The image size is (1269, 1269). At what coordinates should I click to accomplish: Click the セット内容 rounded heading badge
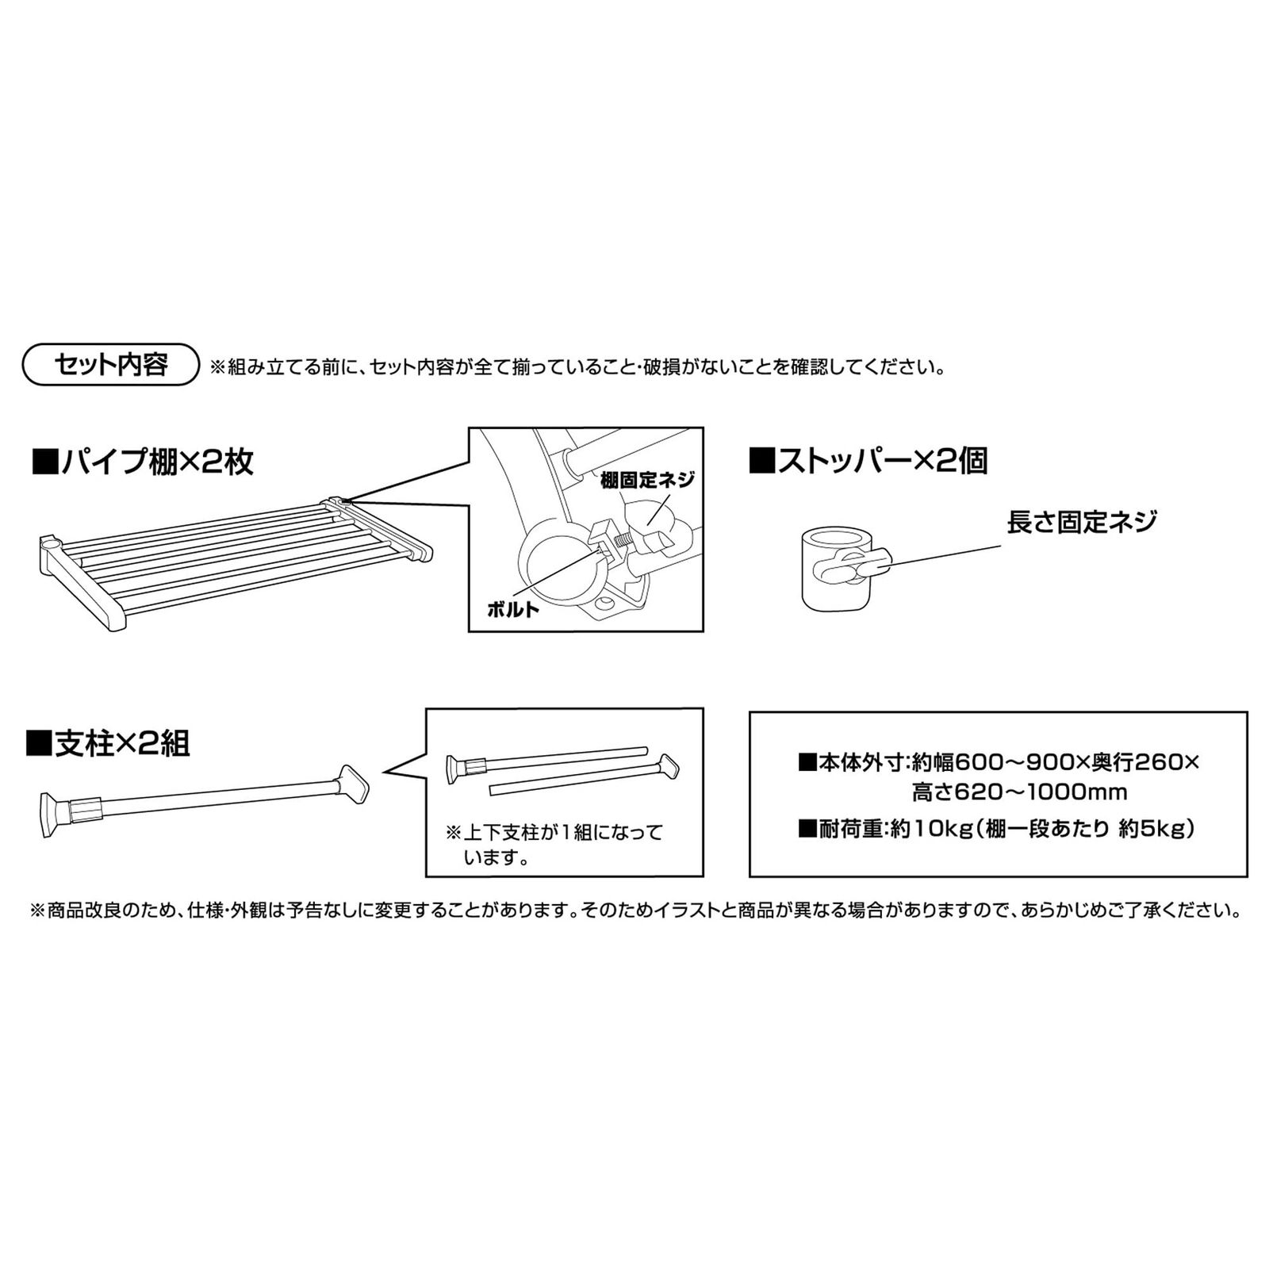(111, 365)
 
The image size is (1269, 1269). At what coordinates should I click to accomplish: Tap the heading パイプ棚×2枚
(143, 462)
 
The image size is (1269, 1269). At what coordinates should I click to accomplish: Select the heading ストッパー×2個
(868, 461)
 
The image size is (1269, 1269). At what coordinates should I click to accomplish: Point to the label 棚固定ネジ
(647, 480)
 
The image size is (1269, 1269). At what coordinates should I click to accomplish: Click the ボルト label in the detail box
(513, 609)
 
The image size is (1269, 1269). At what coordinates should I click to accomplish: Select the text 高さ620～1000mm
(1019, 792)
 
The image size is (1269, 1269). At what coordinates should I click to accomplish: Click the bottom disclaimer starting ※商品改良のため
(634, 910)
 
